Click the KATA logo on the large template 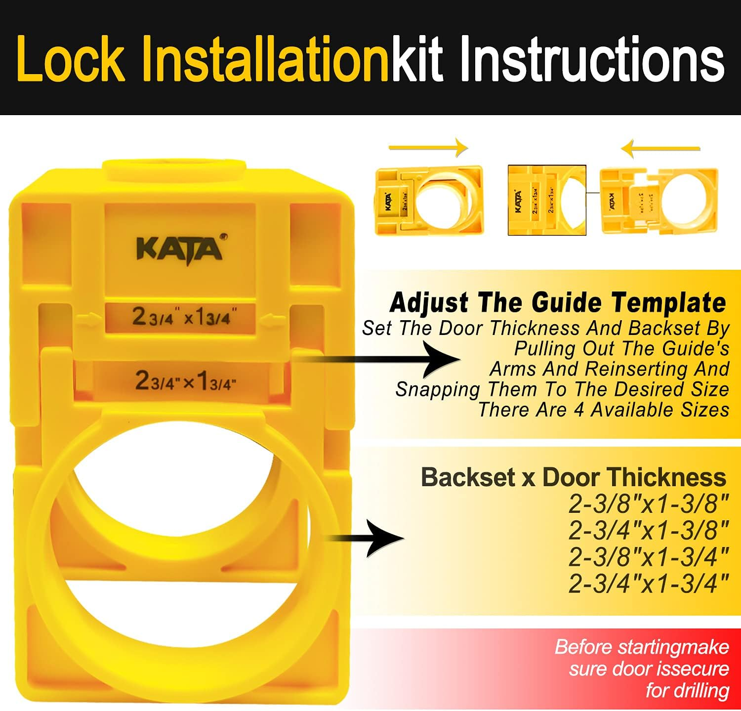(x=180, y=249)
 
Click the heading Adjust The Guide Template (x=558, y=302)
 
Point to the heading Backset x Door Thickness (x=573, y=477)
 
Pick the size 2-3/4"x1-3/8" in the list (x=649, y=531)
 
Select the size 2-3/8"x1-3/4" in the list (x=649, y=557)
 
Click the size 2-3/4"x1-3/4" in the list (x=649, y=584)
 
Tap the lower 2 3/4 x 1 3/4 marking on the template (x=185, y=381)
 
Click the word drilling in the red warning (x=687, y=690)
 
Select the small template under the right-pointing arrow (x=429, y=200)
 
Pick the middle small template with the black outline (x=547, y=200)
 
